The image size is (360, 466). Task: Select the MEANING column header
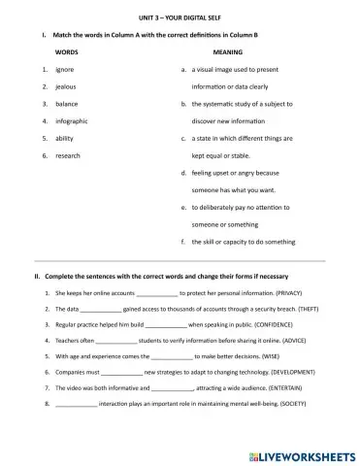pyautogui.click(x=226, y=51)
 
